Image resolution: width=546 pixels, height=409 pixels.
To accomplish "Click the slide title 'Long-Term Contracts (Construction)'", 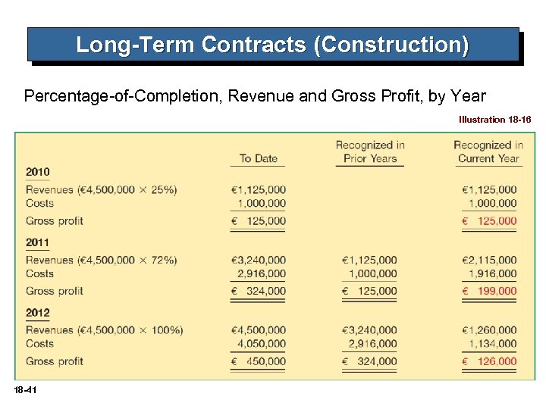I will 272,45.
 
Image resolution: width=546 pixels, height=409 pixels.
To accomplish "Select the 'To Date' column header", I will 259,158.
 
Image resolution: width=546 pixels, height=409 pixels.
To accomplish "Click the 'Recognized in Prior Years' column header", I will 370,151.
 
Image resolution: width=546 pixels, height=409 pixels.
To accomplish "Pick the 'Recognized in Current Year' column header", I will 488,151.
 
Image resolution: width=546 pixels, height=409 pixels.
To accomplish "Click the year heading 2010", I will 37,172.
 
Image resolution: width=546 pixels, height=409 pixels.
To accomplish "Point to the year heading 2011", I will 37,242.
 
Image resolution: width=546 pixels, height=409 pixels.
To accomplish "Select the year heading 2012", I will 37,313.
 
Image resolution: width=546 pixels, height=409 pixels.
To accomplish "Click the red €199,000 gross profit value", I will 488,291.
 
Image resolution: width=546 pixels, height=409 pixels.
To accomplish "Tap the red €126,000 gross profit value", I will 488,361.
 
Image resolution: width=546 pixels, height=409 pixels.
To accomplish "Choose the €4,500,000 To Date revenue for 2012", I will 259,330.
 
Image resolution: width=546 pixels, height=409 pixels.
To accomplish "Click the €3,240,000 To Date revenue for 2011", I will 259,260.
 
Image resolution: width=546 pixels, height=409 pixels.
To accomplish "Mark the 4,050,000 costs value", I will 262,344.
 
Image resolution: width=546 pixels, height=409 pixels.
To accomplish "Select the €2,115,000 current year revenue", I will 488,260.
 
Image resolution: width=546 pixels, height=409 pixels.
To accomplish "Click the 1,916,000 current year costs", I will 491,273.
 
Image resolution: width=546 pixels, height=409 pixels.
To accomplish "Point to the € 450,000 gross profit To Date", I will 259,361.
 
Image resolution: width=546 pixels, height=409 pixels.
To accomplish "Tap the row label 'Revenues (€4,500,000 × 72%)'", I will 102,260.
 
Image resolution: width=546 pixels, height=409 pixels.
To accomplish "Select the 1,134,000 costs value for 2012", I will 491,344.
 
